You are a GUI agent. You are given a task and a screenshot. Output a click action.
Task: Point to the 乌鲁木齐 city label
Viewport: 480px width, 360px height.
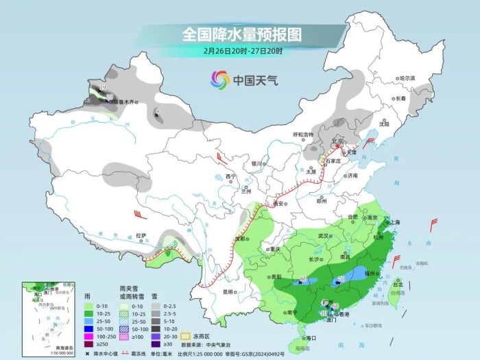click(x=124, y=101)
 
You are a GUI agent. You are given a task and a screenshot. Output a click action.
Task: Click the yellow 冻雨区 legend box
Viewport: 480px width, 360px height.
click(x=186, y=317)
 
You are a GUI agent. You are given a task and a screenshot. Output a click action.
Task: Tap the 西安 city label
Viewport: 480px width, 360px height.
click(x=278, y=203)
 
